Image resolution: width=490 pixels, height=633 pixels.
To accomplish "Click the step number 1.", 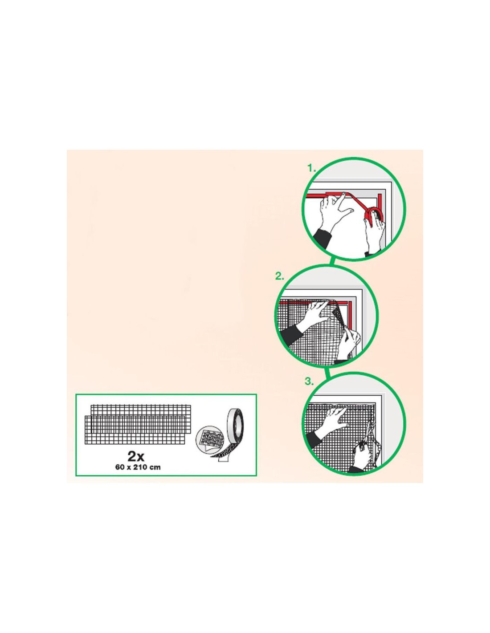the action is (x=312, y=168).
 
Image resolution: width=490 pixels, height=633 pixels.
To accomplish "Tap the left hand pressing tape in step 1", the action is (x=336, y=209).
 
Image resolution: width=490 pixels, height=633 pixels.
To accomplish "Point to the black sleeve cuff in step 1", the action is (x=323, y=236).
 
